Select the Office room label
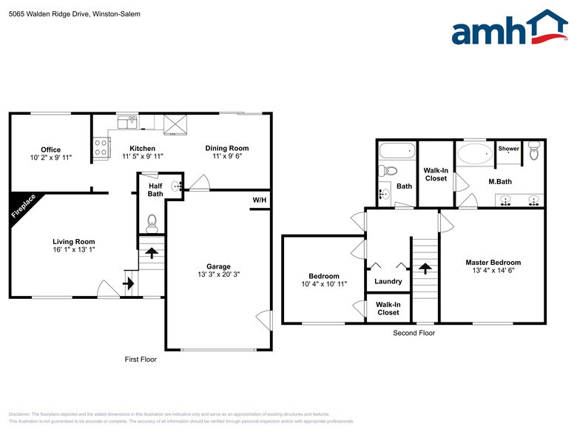coord(51,149)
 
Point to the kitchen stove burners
coord(100,147)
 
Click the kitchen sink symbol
coord(127,122)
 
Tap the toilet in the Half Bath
coord(152,220)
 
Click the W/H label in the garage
coord(260,200)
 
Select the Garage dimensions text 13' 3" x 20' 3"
coord(218,274)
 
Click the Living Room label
coord(73,241)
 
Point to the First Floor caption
coord(140,360)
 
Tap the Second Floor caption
coord(414,333)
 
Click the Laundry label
coord(388,281)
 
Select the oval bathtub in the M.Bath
coord(474,155)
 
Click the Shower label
coord(508,149)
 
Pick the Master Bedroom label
coord(493,262)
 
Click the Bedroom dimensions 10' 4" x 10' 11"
coord(324,283)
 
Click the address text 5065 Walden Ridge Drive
coord(55,14)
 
